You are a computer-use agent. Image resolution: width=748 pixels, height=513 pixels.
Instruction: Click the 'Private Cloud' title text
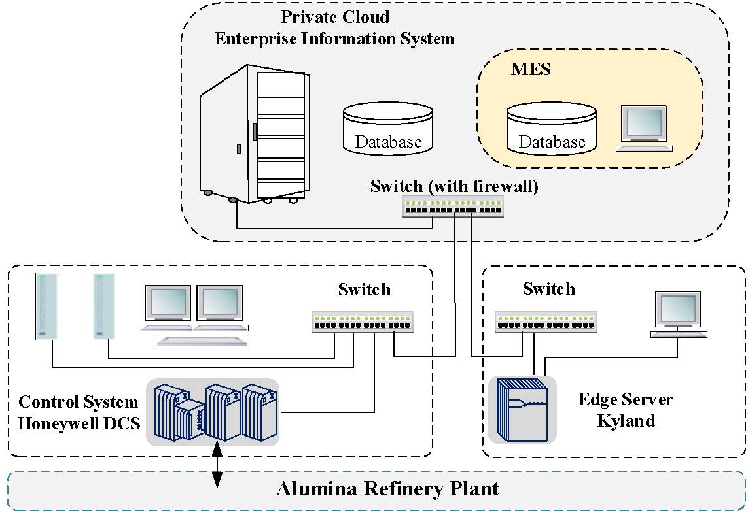(x=334, y=17)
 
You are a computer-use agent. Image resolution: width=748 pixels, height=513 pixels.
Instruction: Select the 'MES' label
(x=530, y=69)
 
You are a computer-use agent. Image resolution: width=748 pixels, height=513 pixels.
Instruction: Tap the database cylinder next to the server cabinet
(x=388, y=129)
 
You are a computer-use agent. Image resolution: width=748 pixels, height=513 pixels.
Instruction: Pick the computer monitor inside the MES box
(x=644, y=129)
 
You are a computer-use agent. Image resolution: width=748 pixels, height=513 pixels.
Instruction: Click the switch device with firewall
(x=454, y=207)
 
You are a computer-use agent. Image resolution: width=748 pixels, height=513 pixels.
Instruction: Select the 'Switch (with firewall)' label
(x=454, y=186)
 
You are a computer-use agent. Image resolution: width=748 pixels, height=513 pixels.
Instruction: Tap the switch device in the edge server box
(x=547, y=322)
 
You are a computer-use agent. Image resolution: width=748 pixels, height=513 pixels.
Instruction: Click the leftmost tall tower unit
(x=46, y=306)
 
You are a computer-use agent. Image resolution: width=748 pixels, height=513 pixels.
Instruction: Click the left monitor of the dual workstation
(x=168, y=304)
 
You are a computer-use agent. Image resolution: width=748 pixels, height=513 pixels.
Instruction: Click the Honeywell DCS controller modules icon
(x=212, y=412)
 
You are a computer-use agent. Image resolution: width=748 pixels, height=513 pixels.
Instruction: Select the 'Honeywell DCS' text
(x=79, y=423)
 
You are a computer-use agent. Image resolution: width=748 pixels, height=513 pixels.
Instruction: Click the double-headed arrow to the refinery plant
(x=216, y=464)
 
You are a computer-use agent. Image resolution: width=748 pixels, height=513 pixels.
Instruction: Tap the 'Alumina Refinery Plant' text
(x=387, y=489)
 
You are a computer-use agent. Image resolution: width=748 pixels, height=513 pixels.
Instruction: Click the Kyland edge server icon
(x=522, y=409)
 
